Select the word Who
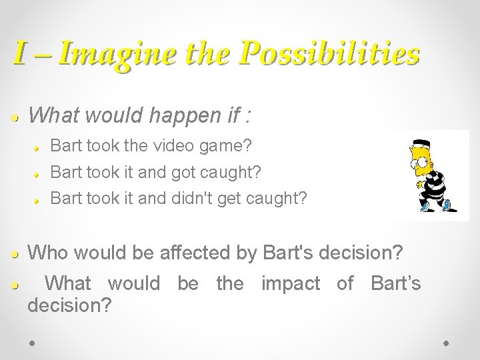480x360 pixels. [x=48, y=253]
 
